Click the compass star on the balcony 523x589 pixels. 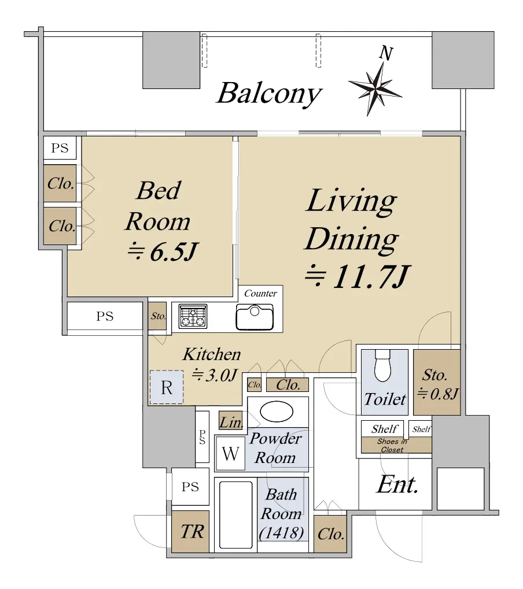pos(375,89)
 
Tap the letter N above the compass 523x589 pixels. pos(386,53)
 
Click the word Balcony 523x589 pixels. pos(269,94)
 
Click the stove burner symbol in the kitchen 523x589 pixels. pos(193,316)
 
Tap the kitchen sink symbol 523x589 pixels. pos(255,317)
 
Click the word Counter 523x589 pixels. pos(260,293)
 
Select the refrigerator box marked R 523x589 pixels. pos(167,387)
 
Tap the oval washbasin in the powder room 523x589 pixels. pos(277,412)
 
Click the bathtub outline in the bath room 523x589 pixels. pos(235,515)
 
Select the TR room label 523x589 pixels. pos(192,532)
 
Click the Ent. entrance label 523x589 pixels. pos(397,484)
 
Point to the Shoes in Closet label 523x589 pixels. pos(392,446)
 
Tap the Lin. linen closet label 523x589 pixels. pos(231,423)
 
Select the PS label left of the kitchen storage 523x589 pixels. pos(105,316)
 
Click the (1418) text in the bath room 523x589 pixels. pos(281,533)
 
